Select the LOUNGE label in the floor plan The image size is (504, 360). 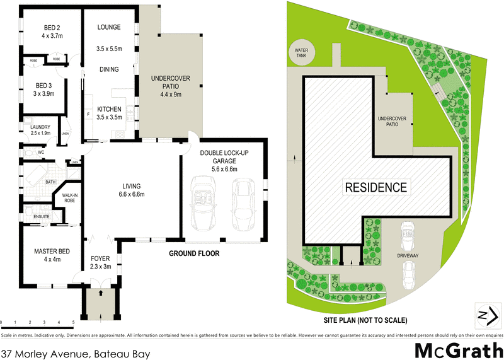108,27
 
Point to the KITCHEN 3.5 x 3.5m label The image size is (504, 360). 108,113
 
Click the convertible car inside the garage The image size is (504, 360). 203,202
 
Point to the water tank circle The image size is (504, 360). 299,52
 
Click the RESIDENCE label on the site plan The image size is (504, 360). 375,187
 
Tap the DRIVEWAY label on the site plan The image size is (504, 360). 408,257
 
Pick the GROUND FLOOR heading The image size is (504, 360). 193,254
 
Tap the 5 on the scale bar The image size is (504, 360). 74,323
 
